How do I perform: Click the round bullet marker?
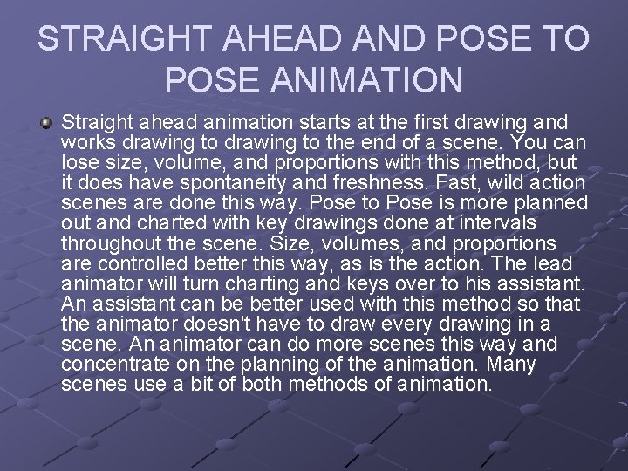46,122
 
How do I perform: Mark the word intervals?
475,222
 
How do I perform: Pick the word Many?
510,364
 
